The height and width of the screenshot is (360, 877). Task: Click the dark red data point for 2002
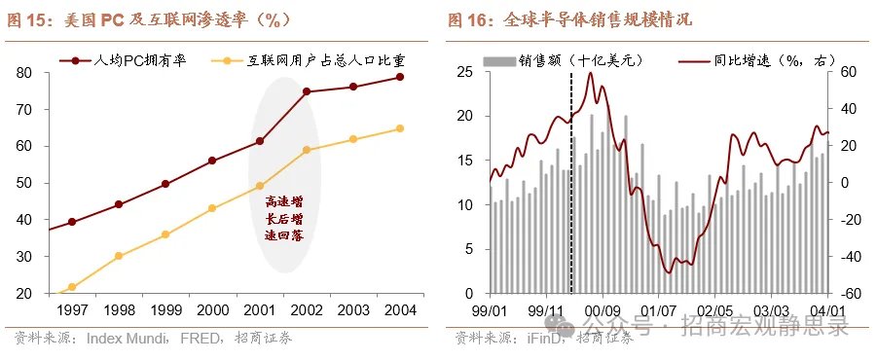[307, 91]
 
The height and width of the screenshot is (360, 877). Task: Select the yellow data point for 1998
[119, 256]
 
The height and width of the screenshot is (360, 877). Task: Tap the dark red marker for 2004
[400, 77]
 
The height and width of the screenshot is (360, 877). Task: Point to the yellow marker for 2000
[212, 208]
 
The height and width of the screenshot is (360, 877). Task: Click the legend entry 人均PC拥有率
[123, 60]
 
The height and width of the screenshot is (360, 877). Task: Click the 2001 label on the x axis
[260, 309]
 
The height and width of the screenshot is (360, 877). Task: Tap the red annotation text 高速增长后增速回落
[284, 219]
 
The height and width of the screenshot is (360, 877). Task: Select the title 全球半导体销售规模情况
[598, 20]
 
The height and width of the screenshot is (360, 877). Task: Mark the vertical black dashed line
[571, 183]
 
